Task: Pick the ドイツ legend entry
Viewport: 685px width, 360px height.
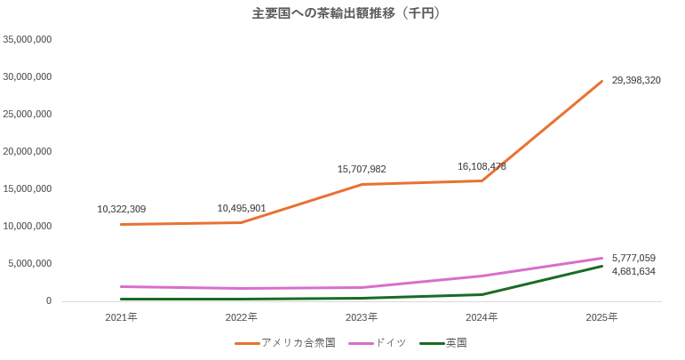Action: pyautogui.click(x=390, y=342)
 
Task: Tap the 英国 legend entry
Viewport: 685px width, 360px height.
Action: pyautogui.click(x=456, y=342)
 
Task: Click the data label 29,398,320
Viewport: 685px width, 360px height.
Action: pyautogui.click(x=635, y=80)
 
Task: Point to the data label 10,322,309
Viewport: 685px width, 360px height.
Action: pyautogui.click(x=121, y=209)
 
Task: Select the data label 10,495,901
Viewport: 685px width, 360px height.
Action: pyautogui.click(x=242, y=208)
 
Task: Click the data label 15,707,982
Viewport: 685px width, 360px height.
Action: pyautogui.click(x=362, y=169)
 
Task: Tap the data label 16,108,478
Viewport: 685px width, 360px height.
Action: pyautogui.click(x=482, y=166)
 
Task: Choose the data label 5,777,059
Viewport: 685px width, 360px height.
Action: pyautogui.click(x=633, y=258)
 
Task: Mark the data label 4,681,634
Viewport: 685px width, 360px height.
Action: pyautogui.click(x=633, y=271)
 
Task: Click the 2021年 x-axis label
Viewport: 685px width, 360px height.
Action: pyautogui.click(x=121, y=316)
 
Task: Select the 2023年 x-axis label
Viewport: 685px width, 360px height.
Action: pyautogui.click(x=362, y=316)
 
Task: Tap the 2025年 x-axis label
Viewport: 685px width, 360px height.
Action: pyautogui.click(x=602, y=316)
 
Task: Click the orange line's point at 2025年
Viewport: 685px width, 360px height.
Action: pyautogui.click(x=602, y=81)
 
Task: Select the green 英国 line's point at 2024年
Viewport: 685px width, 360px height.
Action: pyautogui.click(x=482, y=294)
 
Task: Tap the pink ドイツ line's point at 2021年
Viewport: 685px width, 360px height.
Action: pyautogui.click(x=121, y=286)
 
